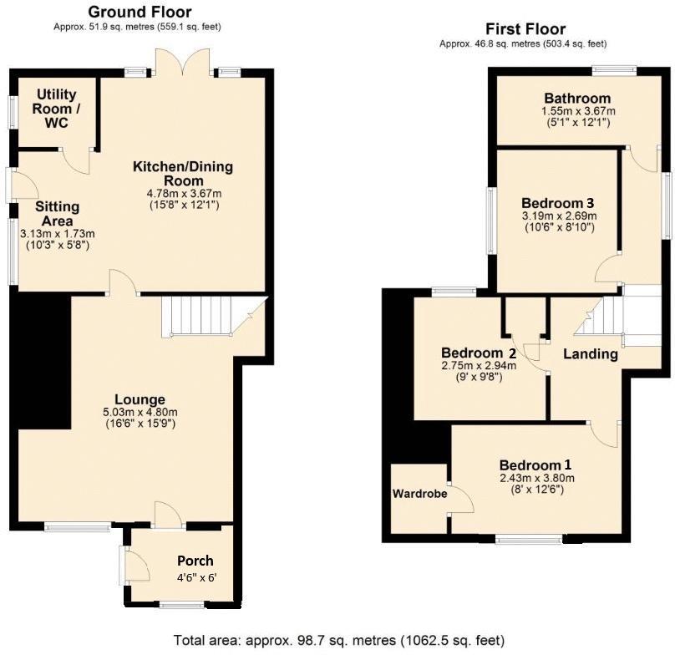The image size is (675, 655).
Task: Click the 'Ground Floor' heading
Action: (139, 12)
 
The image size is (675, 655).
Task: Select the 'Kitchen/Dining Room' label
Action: (182, 173)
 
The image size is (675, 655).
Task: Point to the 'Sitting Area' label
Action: (58, 214)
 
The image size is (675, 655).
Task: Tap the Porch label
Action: (195, 561)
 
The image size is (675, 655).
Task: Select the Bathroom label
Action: (577, 99)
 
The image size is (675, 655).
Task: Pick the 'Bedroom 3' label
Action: (557, 202)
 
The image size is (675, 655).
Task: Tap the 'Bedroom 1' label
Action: (535, 465)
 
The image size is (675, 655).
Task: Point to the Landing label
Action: (590, 353)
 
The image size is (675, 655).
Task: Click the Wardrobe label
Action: (419, 493)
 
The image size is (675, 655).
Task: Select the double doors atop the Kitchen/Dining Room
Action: (183, 63)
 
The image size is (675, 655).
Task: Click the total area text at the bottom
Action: (338, 640)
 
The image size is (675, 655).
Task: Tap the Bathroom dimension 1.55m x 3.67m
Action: (577, 111)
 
